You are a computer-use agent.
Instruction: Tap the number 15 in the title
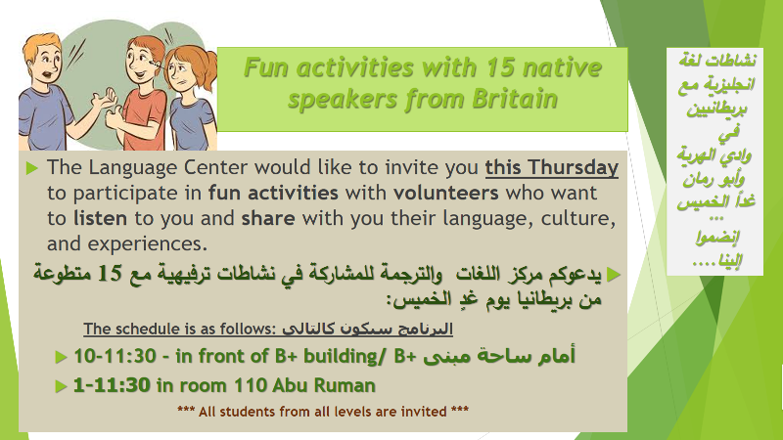[499, 67]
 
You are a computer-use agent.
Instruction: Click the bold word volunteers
[446, 193]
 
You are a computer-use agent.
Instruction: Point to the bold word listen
[100, 218]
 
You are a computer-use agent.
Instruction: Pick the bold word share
[268, 218]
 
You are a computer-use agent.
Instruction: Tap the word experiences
[148, 243]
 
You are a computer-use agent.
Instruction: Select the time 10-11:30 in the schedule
[115, 356]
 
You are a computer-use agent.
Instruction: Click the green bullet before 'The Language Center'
[31, 168]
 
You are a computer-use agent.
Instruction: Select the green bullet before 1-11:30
[61, 386]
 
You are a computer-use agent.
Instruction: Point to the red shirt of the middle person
[144, 118]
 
